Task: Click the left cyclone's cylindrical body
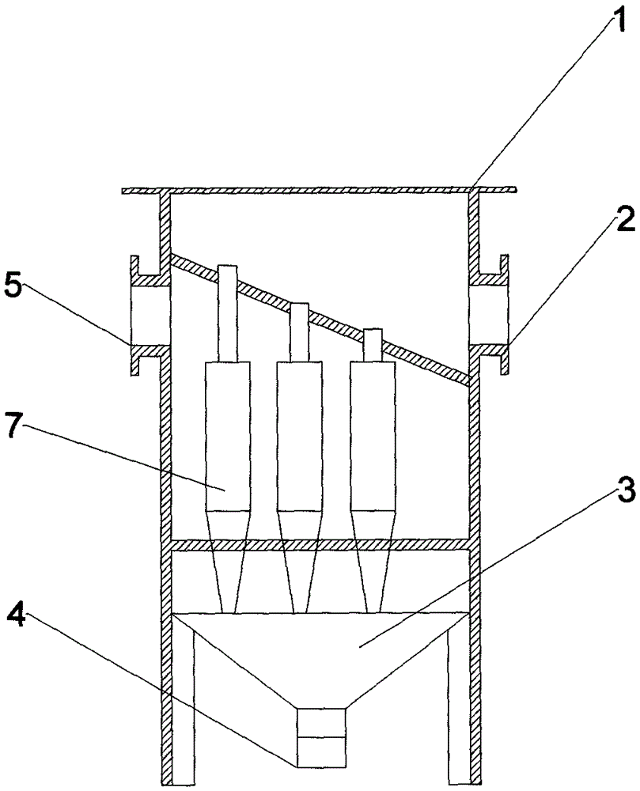coord(228,436)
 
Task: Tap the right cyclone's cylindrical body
coord(373,436)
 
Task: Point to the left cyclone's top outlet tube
coord(227,313)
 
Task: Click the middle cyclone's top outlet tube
coord(299,332)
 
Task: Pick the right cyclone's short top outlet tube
coord(373,346)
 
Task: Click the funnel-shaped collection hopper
coord(321,656)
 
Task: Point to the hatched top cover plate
coord(320,190)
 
